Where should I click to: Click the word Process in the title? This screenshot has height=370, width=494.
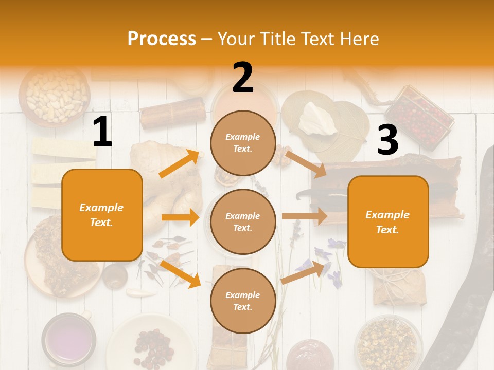pos(162,39)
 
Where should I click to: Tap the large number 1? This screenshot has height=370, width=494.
pos(102,132)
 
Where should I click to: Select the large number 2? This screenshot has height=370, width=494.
pos(243,78)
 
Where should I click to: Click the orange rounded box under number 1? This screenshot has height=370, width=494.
pos(102,215)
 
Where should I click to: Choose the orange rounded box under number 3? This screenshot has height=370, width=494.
pos(388,222)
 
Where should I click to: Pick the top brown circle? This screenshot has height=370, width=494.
pos(243,143)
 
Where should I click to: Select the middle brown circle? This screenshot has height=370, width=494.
pos(243,221)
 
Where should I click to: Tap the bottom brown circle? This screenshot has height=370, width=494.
pos(243,301)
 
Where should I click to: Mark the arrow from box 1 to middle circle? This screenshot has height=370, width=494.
pos(180,217)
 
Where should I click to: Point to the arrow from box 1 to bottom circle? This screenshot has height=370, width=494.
pos(180,274)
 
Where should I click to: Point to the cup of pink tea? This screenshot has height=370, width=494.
pos(68,339)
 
